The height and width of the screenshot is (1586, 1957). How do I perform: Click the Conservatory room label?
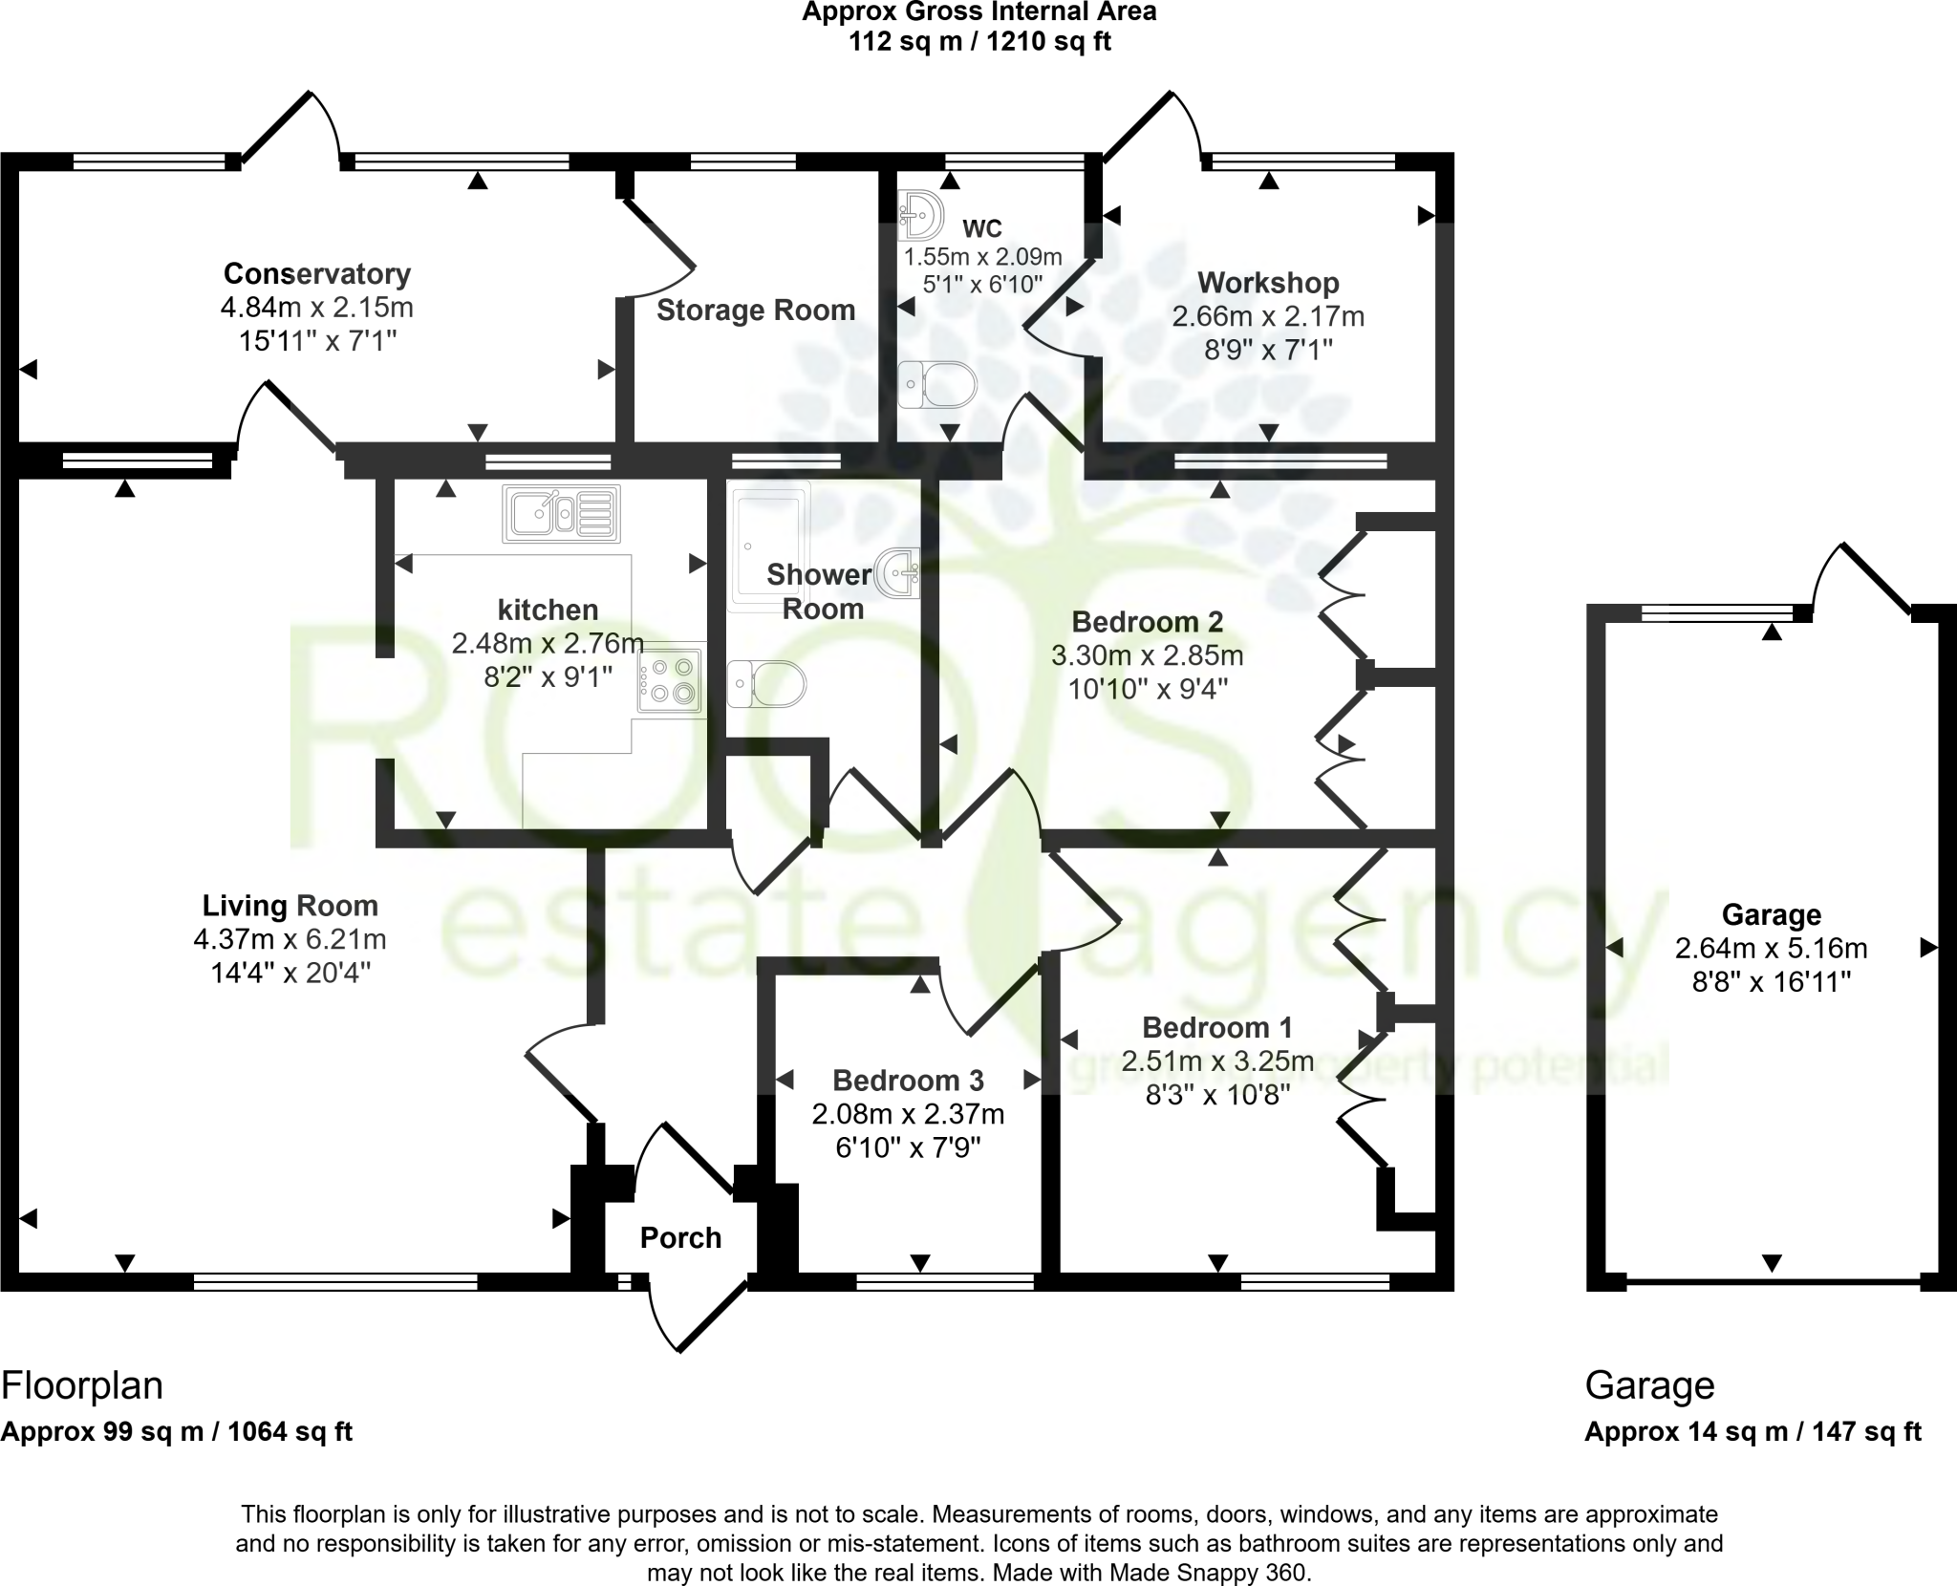316,274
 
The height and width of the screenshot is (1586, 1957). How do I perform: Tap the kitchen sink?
561,513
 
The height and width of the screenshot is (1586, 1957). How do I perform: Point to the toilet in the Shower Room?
766,684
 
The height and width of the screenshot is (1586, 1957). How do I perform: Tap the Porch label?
680,1237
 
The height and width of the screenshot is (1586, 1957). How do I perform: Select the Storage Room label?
755,311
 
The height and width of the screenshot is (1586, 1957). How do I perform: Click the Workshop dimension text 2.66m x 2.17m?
1268,316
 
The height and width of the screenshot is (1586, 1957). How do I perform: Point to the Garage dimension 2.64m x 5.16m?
1771,948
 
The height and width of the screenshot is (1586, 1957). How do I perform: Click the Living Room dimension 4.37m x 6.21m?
290,939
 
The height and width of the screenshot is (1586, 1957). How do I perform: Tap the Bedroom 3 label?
908,1081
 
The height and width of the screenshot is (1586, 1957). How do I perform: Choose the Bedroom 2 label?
1147,622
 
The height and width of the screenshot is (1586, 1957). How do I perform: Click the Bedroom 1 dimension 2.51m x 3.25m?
1217,1061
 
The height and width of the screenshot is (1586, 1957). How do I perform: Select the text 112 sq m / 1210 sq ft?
979,42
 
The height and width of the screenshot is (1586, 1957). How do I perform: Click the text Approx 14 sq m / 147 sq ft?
1753,1459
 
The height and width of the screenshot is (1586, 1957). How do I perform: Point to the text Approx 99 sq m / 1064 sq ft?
177,1459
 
